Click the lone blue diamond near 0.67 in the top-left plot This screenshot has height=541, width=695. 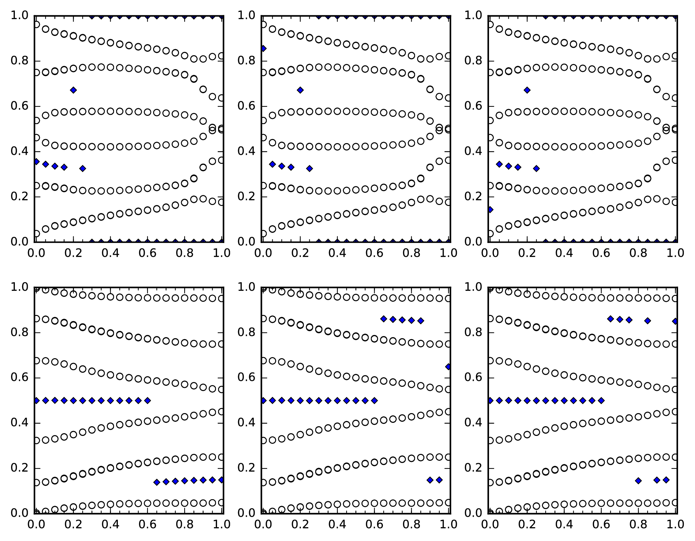coord(73,90)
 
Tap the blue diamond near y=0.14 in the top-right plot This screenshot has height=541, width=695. coord(490,209)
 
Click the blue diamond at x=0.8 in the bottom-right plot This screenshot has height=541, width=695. coord(638,481)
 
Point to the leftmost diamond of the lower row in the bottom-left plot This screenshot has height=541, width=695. coord(157,482)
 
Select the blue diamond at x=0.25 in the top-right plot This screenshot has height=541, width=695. coord(536,168)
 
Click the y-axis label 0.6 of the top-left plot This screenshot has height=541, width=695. coord(20,106)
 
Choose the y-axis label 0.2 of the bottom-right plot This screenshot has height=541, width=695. coord(473,468)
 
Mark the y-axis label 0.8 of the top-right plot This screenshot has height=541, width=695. coord(473,61)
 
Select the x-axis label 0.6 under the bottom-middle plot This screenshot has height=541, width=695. coord(374,525)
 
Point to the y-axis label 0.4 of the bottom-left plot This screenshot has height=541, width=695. coord(20,423)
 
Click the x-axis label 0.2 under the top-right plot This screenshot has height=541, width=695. coord(527,253)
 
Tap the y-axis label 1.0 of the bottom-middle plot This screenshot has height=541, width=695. coord(247,287)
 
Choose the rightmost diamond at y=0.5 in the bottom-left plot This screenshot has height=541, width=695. coord(147,401)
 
